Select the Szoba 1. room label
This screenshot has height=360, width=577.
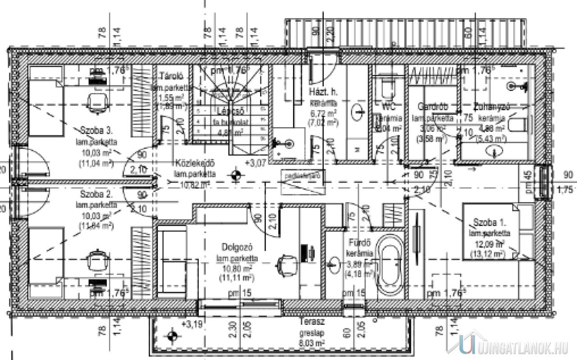(489, 222)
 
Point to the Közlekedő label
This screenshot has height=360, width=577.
(195, 163)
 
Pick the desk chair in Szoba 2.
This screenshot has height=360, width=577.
(97, 261)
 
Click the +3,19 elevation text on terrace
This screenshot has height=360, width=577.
(192, 323)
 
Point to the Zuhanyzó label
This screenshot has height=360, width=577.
(491, 107)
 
